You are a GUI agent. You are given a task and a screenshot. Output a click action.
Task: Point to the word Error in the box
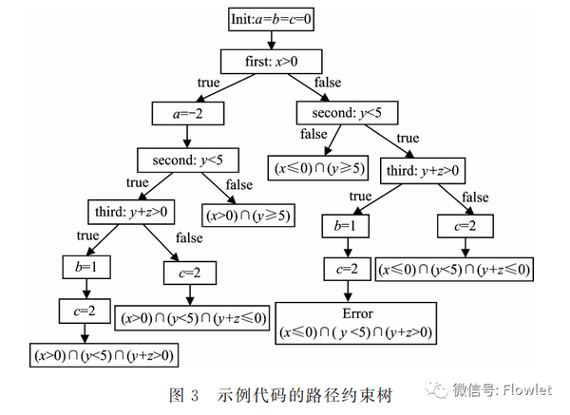click(x=355, y=314)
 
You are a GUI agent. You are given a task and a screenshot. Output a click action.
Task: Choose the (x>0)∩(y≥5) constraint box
click(x=247, y=215)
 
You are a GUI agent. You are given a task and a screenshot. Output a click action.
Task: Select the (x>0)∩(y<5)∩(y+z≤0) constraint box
click(x=192, y=316)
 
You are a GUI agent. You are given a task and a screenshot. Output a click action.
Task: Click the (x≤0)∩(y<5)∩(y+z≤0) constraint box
click(x=455, y=269)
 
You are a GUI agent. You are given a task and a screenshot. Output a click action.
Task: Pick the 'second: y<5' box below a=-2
click(x=187, y=159)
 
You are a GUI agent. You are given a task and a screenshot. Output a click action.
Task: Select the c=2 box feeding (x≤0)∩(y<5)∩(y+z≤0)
click(x=465, y=226)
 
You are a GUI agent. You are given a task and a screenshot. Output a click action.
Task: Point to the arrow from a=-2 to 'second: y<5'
click(x=187, y=136)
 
